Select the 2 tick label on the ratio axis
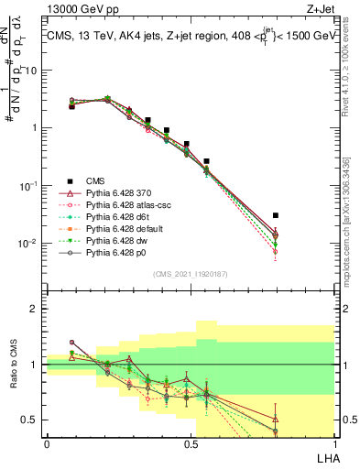coord(34,310)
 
